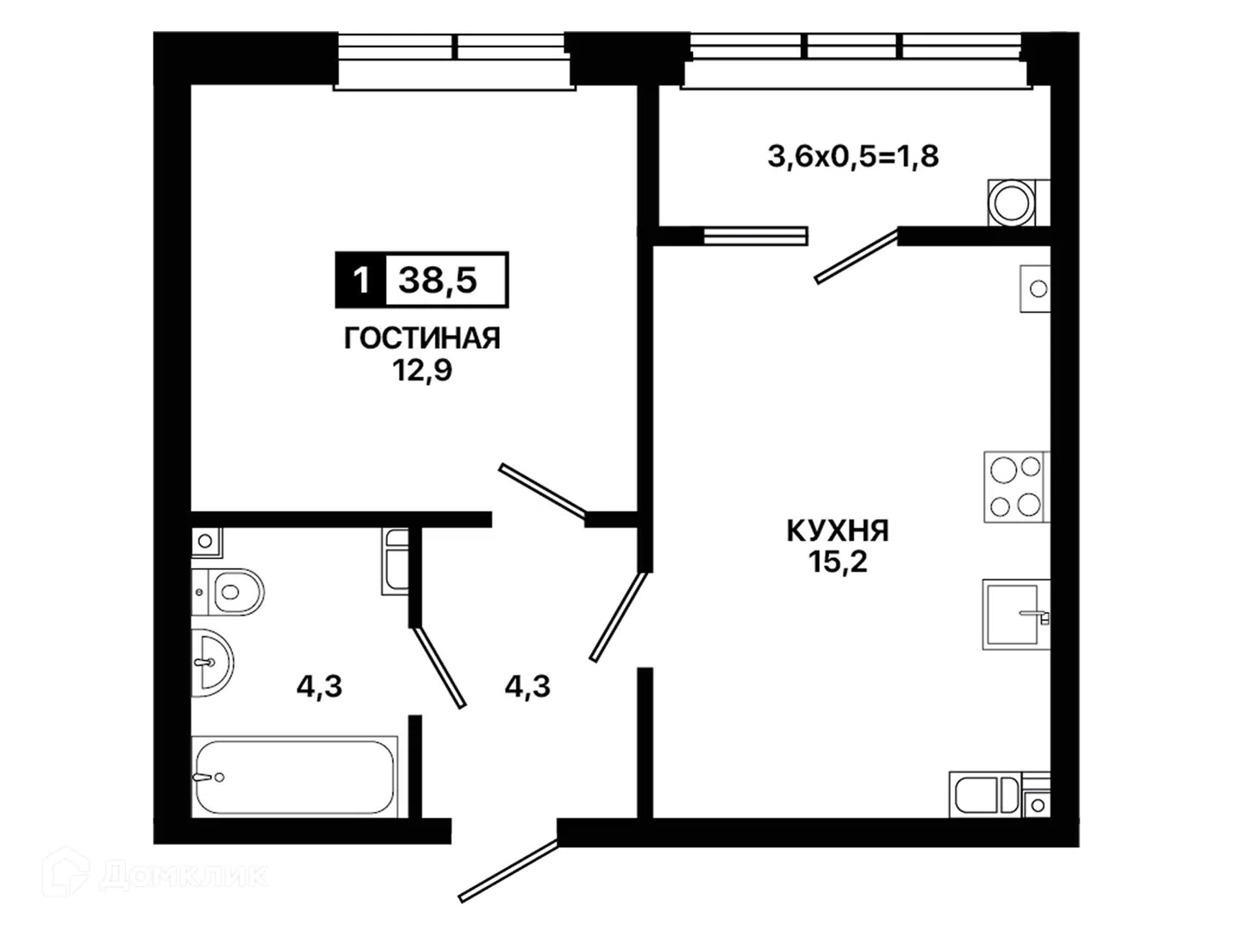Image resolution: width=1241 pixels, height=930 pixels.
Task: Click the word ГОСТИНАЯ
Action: click(x=421, y=338)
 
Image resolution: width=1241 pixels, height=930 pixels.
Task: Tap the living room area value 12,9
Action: click(x=422, y=370)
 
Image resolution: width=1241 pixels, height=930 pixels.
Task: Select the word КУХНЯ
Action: click(x=838, y=530)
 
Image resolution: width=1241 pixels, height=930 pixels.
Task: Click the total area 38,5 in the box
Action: click(x=438, y=280)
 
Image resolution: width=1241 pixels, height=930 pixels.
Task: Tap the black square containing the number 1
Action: click(x=361, y=280)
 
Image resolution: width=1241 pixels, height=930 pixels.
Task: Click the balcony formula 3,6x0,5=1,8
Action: click(x=853, y=157)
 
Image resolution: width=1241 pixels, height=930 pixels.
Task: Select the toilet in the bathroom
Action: click(x=228, y=592)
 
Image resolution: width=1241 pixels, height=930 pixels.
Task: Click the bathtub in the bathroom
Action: click(x=295, y=777)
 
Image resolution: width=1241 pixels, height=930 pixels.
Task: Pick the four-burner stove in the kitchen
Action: click(x=1017, y=487)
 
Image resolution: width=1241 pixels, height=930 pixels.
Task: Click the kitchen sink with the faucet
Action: click(x=1016, y=614)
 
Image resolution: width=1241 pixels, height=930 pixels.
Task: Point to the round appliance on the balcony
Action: click(x=1013, y=202)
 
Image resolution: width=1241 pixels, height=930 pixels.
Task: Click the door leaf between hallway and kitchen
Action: click(x=619, y=617)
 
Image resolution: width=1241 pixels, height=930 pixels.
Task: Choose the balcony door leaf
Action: click(x=857, y=256)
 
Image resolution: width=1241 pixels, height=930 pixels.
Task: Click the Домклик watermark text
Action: click(x=184, y=875)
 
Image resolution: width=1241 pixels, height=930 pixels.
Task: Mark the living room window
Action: click(x=454, y=61)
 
